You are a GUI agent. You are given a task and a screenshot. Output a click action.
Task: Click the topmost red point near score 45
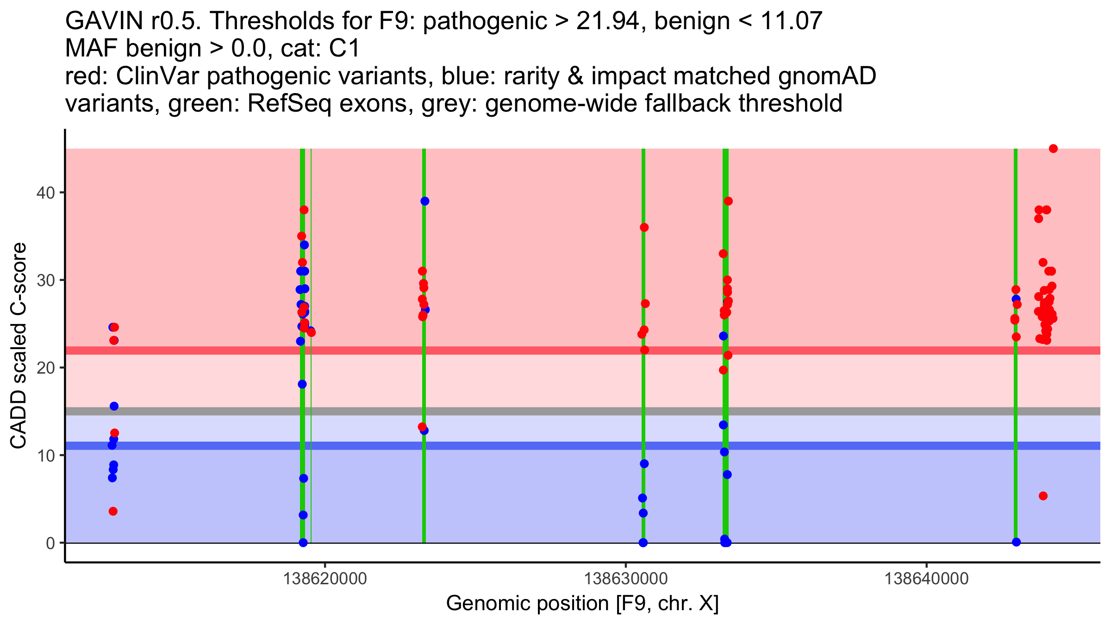pos(1053,149)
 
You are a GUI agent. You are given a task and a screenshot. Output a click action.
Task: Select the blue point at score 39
pos(425,201)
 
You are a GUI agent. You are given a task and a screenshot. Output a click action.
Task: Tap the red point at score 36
pos(644,227)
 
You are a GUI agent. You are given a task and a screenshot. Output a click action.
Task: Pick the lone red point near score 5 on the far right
pos(1043,496)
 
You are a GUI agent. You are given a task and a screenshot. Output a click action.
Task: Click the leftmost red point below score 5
pos(113,511)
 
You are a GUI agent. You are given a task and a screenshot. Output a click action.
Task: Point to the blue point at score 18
pos(302,384)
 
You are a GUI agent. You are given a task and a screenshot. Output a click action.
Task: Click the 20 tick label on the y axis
pos(44,368)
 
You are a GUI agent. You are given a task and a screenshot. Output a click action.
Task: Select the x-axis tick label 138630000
pos(626,579)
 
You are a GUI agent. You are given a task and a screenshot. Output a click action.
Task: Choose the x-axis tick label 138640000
pos(926,579)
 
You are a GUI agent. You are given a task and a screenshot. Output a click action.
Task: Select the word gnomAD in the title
pos(827,76)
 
